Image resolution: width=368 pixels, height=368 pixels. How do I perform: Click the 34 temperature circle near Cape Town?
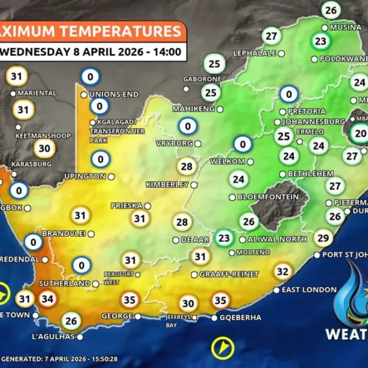point(47,299)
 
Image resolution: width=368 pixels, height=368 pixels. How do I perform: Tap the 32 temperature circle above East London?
point(282,271)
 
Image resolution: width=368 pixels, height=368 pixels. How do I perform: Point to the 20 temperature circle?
point(361,133)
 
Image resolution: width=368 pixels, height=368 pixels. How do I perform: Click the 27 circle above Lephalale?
point(271,36)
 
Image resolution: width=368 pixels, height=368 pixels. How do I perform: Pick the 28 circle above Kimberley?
point(186,166)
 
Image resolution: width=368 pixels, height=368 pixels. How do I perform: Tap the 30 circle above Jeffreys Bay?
point(188,303)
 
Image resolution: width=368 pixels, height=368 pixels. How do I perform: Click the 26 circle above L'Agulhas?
point(72,320)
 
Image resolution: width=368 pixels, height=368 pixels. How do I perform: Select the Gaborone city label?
point(202,80)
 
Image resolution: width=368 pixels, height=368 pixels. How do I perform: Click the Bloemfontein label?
point(264,197)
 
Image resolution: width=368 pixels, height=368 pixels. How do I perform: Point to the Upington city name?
point(85,177)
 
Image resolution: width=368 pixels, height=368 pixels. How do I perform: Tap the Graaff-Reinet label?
point(229,274)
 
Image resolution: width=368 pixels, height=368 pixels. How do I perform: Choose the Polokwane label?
point(343,59)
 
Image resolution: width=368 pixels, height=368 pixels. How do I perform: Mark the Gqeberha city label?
point(240,318)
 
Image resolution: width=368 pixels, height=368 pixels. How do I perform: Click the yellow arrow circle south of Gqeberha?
point(223,349)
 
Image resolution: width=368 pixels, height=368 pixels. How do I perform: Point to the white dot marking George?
point(137,316)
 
